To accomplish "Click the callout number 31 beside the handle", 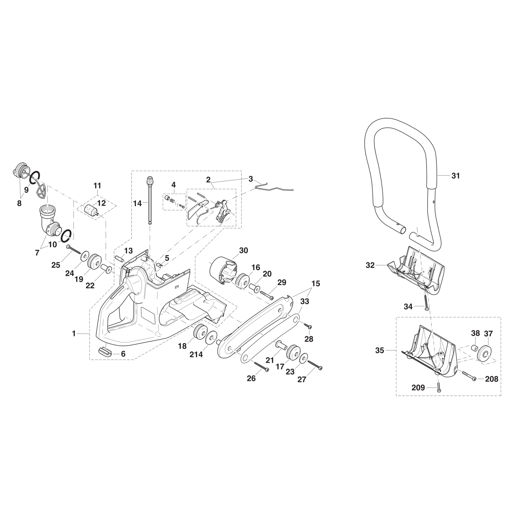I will point(455,176).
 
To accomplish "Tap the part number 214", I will point(196,355).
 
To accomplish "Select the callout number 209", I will point(418,388).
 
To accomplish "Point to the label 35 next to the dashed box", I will point(380,350).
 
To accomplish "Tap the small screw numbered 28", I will point(308,326).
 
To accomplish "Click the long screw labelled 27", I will point(315,365).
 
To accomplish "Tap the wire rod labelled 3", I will point(275,188).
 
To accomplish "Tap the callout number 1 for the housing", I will point(74,334).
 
